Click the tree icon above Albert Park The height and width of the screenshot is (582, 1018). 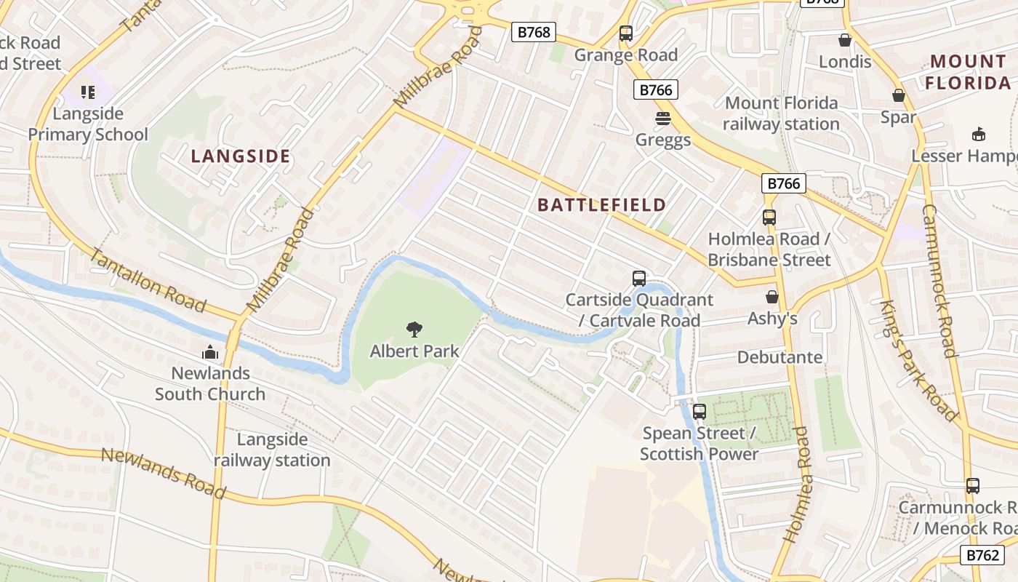pos(414,330)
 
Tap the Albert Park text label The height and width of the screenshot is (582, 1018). pos(414,351)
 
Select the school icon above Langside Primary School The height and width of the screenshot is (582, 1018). pos(88,92)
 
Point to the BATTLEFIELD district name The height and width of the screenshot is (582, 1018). pos(601,205)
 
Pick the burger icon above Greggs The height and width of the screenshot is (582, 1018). pos(662,118)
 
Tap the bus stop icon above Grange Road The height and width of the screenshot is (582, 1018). pos(625,33)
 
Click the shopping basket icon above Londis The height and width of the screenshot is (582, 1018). pos(844,40)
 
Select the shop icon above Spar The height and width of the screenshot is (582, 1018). pos(898,95)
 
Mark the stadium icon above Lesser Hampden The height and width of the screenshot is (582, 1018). pos(978,135)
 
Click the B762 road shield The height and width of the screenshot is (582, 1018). pos(982,555)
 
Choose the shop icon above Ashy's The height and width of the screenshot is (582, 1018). pos(772,297)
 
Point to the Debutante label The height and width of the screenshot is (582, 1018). pos(779,357)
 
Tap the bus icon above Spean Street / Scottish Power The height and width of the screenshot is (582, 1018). pos(699,412)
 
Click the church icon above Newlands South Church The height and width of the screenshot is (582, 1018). pos(210,352)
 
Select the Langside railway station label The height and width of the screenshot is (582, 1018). pos(272,450)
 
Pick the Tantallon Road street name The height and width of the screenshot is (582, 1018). pos(148,279)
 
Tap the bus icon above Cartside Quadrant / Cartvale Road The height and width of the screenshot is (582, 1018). pos(638,278)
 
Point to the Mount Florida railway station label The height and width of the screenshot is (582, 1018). pos(782,113)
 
